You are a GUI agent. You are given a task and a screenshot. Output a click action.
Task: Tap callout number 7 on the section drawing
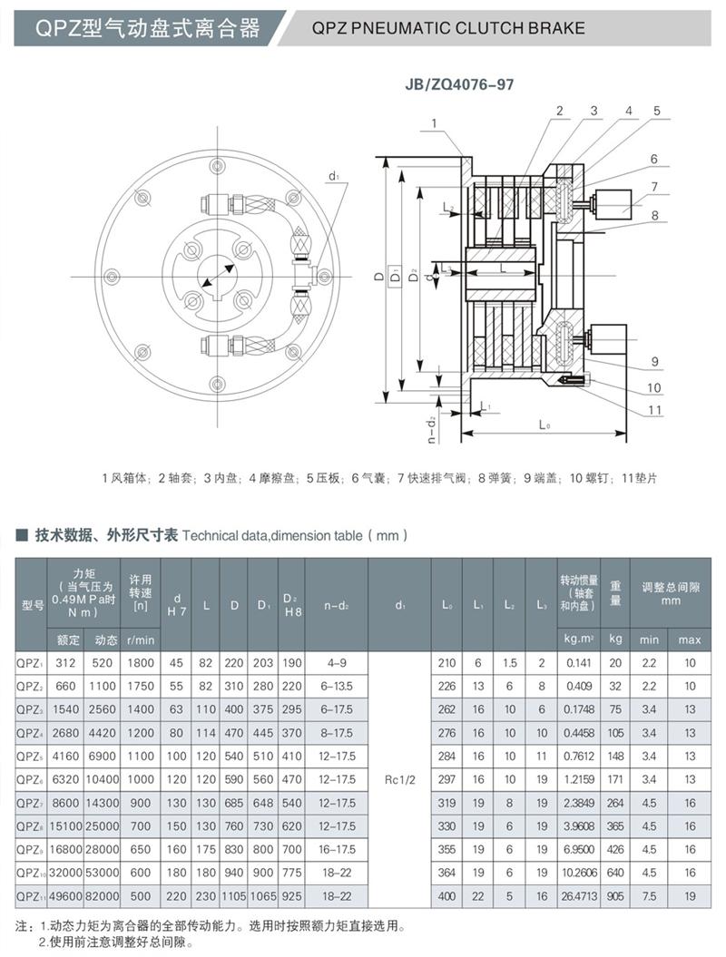[x=652, y=186]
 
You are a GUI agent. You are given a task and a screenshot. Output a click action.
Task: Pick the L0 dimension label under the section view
[x=544, y=425]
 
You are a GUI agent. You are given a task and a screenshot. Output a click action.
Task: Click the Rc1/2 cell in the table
[x=399, y=779]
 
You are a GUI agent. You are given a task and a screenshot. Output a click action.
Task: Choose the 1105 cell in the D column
[x=234, y=896]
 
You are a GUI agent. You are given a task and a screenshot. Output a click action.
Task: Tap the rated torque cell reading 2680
[x=67, y=732]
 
